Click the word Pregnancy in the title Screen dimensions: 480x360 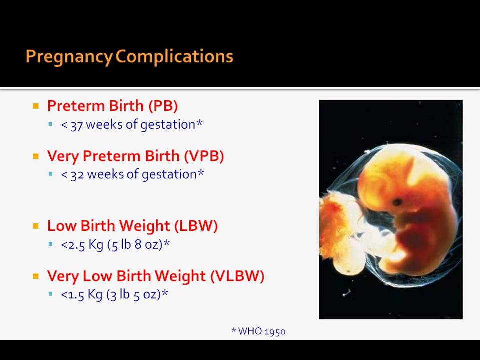[x=69, y=57]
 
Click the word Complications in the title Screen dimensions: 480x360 [x=174, y=56]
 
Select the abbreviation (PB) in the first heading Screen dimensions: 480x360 [x=163, y=106]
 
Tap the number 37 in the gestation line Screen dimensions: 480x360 [x=77, y=125]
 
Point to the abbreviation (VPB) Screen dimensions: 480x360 [x=204, y=156]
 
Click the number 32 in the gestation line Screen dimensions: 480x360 [x=77, y=175]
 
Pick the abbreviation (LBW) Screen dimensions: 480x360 [x=196, y=226]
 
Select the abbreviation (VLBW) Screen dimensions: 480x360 [x=237, y=276]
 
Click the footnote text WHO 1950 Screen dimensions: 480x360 [x=262, y=331]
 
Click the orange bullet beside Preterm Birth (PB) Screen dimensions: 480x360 [x=36, y=106]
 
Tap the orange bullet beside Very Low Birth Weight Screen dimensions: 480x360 [x=36, y=276]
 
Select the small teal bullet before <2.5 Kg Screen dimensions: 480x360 [x=51, y=244]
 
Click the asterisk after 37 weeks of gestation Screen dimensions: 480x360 [x=199, y=123]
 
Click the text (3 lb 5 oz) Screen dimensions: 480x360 [x=134, y=295]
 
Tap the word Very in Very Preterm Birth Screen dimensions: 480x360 [x=63, y=156]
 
